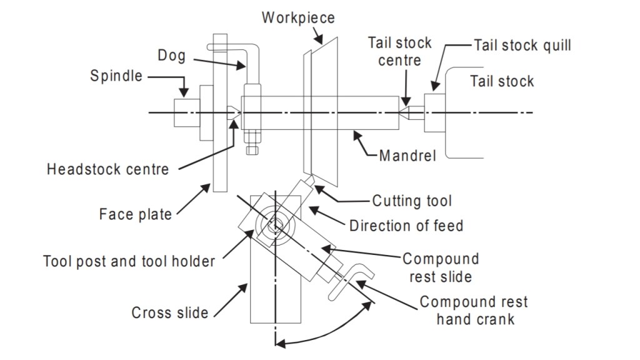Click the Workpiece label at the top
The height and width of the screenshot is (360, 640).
pyautogui.click(x=298, y=17)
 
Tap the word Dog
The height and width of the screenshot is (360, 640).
pyautogui.click(x=171, y=56)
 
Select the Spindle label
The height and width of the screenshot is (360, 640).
pyautogui.click(x=116, y=76)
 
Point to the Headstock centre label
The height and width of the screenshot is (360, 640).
pyautogui.click(x=107, y=169)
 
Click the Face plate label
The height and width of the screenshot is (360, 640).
pyautogui.click(x=135, y=214)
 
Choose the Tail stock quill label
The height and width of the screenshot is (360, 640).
pyautogui.click(x=522, y=46)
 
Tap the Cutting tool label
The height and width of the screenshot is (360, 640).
pyautogui.click(x=412, y=201)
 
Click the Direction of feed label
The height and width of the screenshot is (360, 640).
pyautogui.click(x=406, y=225)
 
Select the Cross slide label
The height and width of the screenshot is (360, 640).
pyautogui.click(x=170, y=312)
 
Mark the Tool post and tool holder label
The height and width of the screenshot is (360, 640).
pyautogui.click(x=129, y=261)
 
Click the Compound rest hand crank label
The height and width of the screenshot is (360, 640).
pyautogui.click(x=474, y=310)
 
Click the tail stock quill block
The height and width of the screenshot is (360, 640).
pyautogui.click(x=434, y=112)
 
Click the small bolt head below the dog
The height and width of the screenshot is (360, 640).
pyautogui.click(x=252, y=150)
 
